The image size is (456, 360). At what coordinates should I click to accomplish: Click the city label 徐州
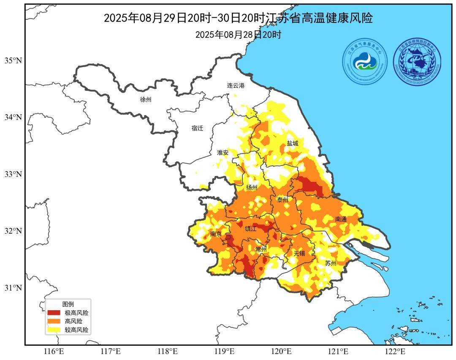tap(146, 100)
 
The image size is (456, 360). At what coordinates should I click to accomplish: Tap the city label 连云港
tap(236, 85)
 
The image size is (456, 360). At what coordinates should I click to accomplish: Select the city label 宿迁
tap(197, 128)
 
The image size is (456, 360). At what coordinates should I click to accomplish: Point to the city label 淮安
tap(223, 152)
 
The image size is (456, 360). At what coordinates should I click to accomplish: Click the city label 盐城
tap(293, 143)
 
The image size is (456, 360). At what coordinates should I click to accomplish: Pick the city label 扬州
tap(251, 187)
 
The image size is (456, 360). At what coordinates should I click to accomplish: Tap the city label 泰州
tap(282, 200)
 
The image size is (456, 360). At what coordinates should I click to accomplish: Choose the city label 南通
tap(341, 219)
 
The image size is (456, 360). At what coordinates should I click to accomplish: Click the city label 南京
tap(216, 234)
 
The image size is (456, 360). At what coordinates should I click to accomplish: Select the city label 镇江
tap(251, 229)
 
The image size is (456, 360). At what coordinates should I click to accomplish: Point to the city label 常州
tap(261, 249)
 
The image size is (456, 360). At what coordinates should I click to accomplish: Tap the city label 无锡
tap(299, 253)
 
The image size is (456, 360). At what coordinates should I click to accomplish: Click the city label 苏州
tap(331, 263)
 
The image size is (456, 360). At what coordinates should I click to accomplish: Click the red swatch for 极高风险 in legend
tap(54, 313)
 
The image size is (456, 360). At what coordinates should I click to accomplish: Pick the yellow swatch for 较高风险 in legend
tap(54, 330)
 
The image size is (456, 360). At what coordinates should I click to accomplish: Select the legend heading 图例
tap(68, 304)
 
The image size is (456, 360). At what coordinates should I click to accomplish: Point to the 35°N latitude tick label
tap(13, 60)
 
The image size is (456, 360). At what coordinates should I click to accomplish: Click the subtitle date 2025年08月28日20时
tap(238, 35)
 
